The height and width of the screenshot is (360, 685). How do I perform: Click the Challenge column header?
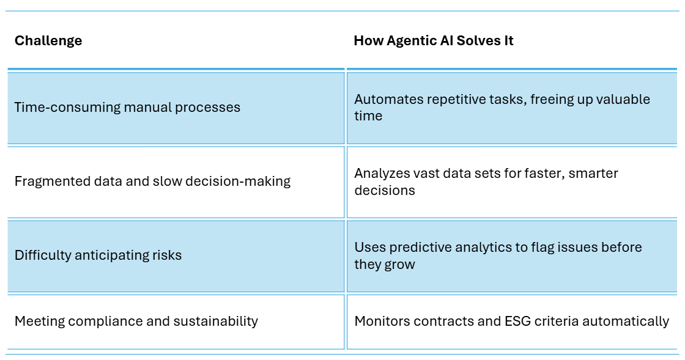click(48, 40)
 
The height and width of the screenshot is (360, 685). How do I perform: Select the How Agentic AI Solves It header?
click(434, 40)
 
